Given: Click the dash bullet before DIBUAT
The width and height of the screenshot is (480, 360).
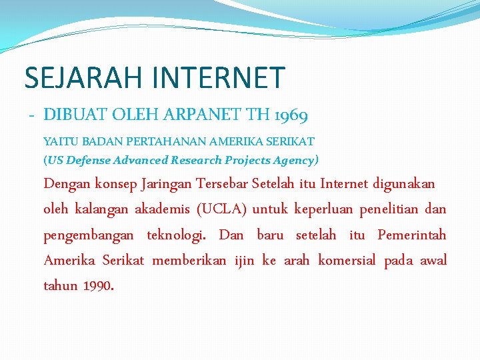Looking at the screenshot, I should pyautogui.click(x=31, y=115).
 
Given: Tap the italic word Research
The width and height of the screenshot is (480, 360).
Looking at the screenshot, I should pyautogui.click(x=196, y=160).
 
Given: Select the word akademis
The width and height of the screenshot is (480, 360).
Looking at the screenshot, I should pyautogui.click(x=162, y=209).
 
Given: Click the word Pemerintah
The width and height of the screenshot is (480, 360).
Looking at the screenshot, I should pyautogui.click(x=412, y=235).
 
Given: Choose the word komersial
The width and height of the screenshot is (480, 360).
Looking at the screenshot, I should pyautogui.click(x=347, y=260).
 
